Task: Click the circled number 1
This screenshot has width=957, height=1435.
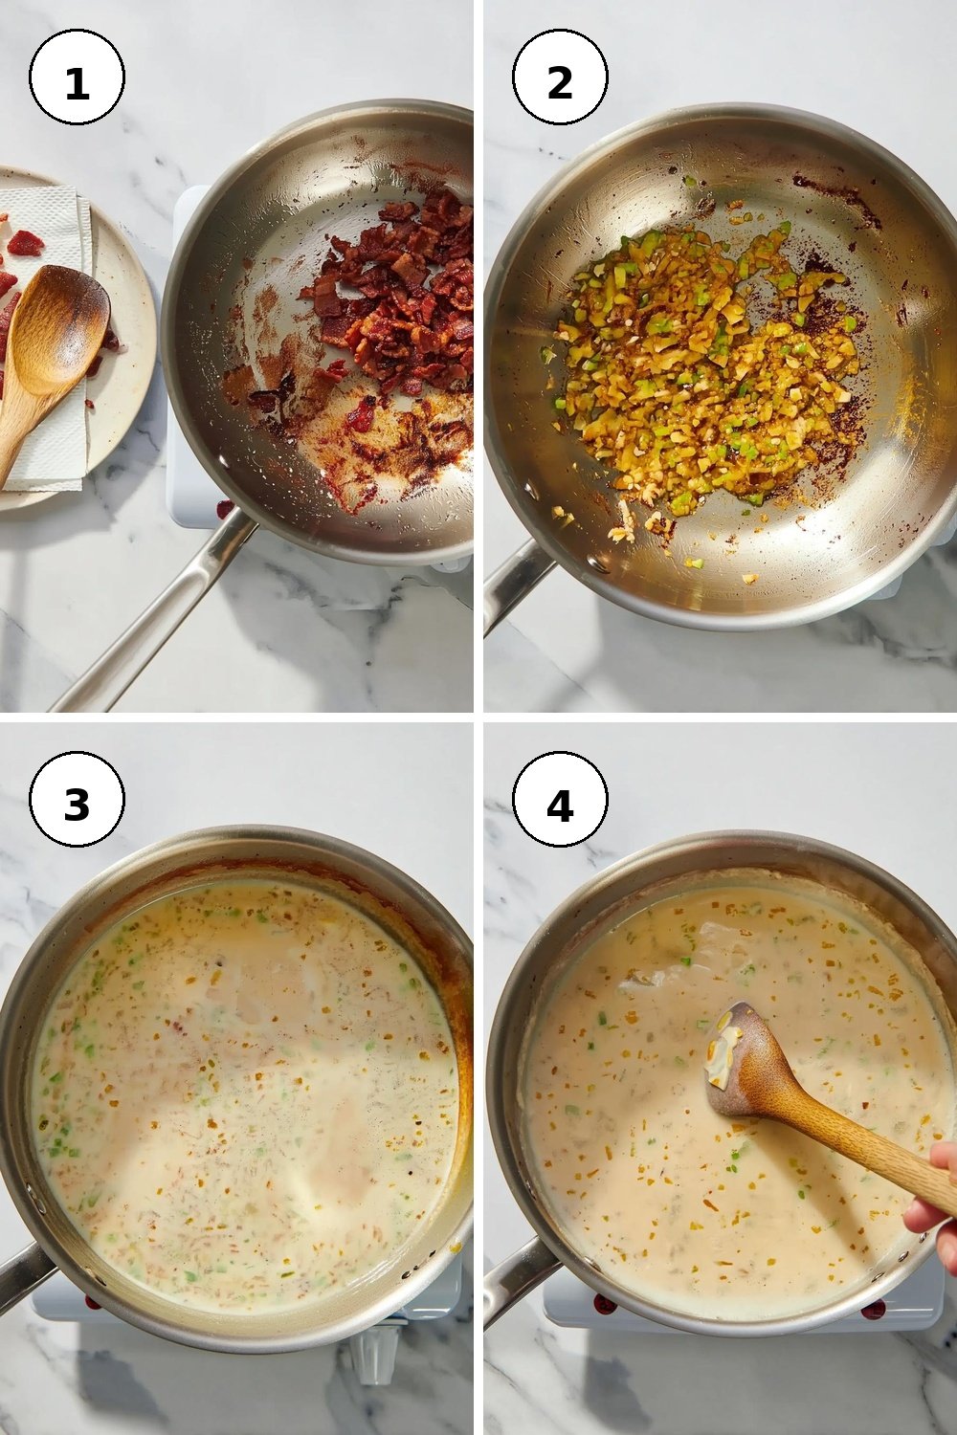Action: click(77, 77)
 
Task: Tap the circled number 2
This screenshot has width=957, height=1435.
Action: click(560, 77)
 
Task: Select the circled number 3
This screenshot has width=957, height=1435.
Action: click(77, 800)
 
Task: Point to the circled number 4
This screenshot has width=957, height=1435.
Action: click(560, 800)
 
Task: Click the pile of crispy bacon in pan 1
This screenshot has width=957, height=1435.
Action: click(396, 295)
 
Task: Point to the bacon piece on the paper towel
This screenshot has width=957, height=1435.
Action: click(24, 243)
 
